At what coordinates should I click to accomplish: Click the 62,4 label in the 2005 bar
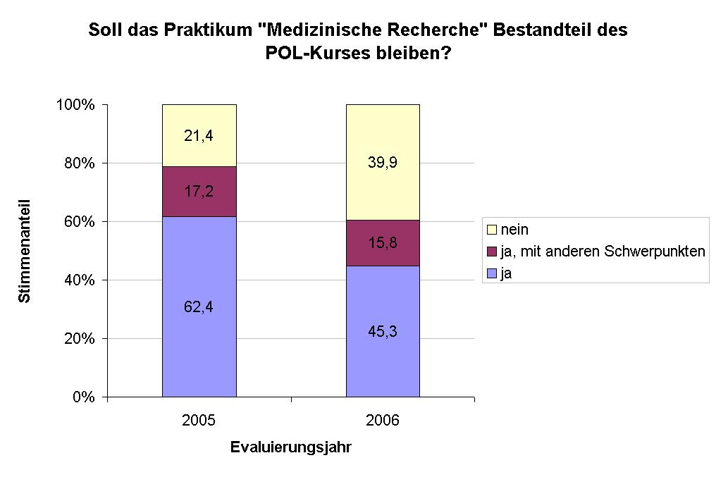click(199, 306)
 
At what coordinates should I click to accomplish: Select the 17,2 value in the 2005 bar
click(199, 191)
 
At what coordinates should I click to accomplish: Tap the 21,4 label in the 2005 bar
click(199, 135)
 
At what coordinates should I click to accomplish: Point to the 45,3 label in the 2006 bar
click(383, 331)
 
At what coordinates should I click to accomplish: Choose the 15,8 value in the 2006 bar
click(383, 244)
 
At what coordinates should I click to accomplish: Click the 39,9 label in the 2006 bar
click(383, 163)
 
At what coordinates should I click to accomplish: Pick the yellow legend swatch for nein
click(491, 230)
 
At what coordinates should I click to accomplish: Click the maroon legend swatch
click(491, 252)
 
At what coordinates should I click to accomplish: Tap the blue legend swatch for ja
click(491, 274)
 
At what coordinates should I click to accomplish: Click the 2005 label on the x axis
click(199, 421)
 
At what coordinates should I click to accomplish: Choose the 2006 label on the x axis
click(383, 421)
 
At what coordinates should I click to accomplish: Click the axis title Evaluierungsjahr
click(290, 447)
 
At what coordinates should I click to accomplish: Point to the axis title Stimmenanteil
click(25, 251)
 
